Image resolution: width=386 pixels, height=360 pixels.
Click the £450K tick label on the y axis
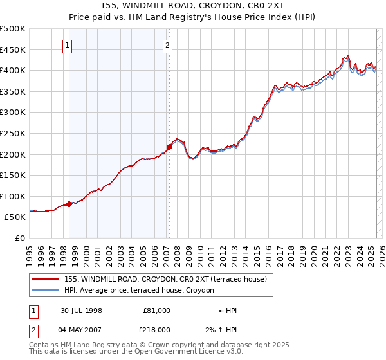(x=12, y=50)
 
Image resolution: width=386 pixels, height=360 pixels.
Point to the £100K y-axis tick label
(x=12, y=196)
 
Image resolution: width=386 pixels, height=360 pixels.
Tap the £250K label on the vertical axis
(x=12, y=133)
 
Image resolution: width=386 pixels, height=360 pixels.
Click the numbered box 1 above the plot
(x=68, y=45)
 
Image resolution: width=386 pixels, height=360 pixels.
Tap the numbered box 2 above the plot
(x=167, y=45)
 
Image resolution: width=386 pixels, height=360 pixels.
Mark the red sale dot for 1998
(x=69, y=204)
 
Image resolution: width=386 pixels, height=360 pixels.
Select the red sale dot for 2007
(x=169, y=147)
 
